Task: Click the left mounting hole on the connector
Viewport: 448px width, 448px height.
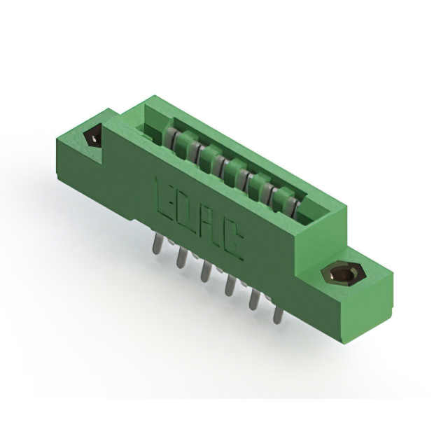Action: [x=93, y=138]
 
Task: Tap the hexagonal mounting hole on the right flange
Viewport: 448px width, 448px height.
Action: [x=341, y=274]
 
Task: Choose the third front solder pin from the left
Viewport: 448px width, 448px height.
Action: [x=206, y=272]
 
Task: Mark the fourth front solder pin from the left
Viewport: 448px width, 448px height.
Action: [x=230, y=286]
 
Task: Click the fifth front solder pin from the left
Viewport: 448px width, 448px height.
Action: [x=254, y=299]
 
